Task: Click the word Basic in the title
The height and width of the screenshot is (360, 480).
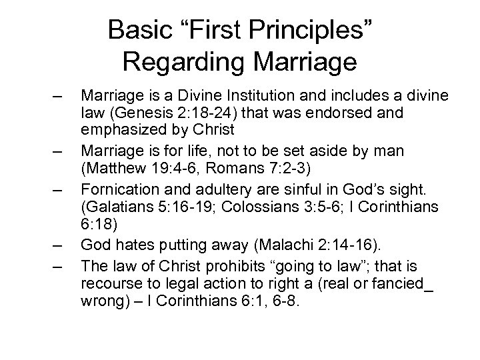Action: click(x=139, y=30)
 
